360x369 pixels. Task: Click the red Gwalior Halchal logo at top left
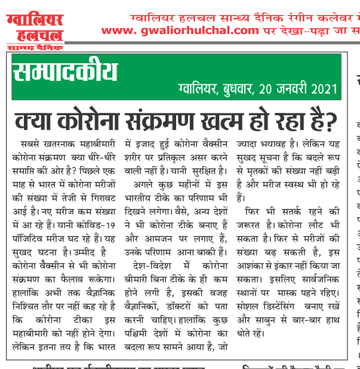[x=35, y=24]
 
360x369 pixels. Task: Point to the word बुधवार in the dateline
[x=233, y=90]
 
